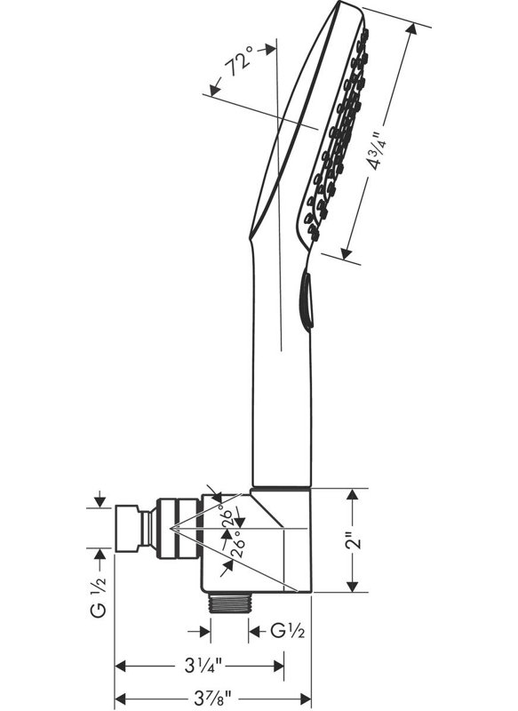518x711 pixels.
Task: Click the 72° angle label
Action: click(x=240, y=62)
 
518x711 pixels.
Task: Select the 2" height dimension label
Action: click(x=354, y=539)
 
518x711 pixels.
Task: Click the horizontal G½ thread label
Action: click(x=287, y=631)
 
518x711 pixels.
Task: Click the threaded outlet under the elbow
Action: click(x=229, y=603)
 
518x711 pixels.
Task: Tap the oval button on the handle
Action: click(x=307, y=301)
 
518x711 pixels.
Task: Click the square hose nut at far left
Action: click(x=128, y=527)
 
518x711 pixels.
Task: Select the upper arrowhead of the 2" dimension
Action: click(x=353, y=494)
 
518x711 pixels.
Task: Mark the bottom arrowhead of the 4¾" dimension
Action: click(x=347, y=254)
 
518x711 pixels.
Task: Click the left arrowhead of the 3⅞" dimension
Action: click(x=121, y=699)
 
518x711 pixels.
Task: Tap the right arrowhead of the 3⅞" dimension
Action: click(x=306, y=699)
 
